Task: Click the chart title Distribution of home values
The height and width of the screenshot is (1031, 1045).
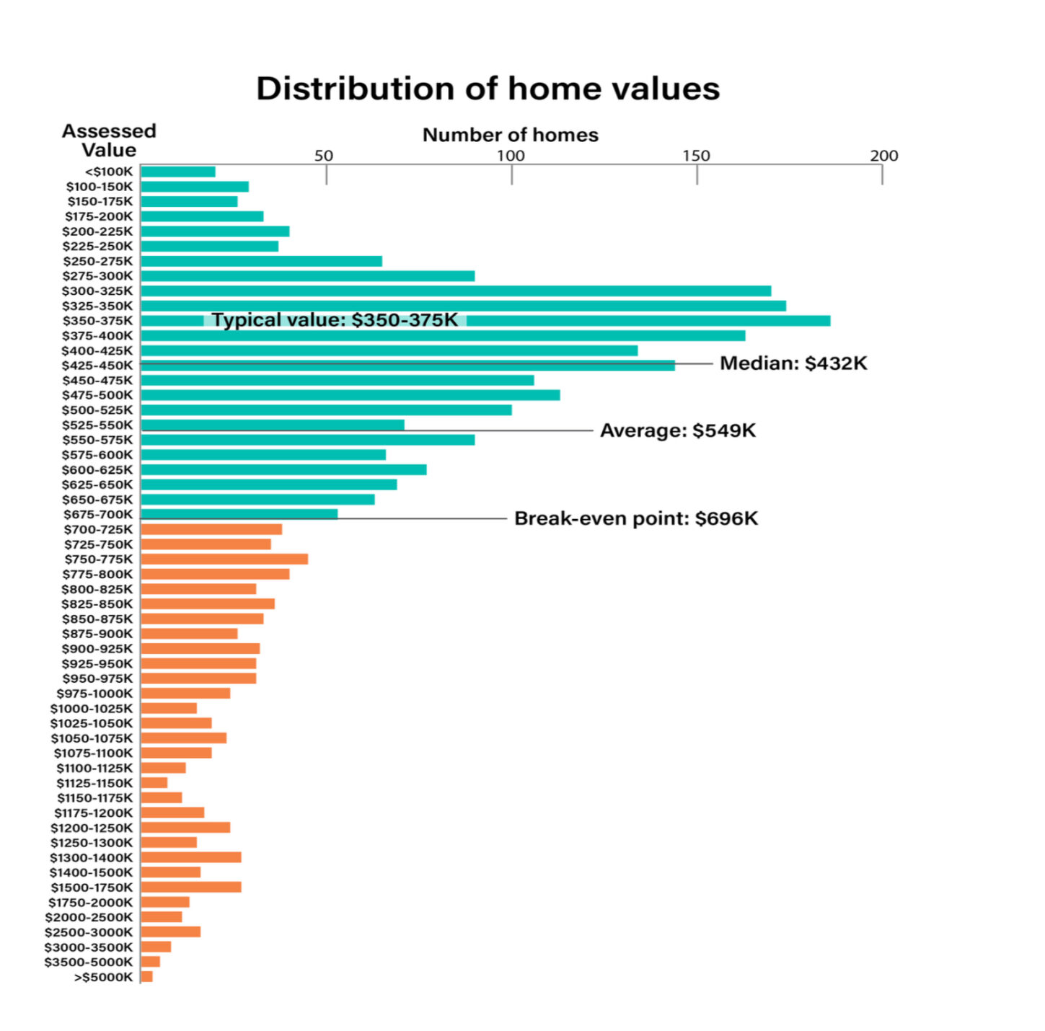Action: pyautogui.click(x=488, y=89)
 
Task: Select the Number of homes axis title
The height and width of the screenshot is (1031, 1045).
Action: pyautogui.click(x=510, y=135)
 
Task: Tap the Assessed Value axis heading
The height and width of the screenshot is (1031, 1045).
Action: pyautogui.click(x=108, y=141)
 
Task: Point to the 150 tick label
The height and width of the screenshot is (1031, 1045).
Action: pyautogui.click(x=696, y=156)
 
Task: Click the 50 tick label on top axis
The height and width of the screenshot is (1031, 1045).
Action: pyautogui.click(x=324, y=156)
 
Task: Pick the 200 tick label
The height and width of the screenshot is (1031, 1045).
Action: pyautogui.click(x=883, y=156)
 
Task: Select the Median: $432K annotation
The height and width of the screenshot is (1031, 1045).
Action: pyautogui.click(x=793, y=363)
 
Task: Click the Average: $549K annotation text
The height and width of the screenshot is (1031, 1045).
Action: pyautogui.click(x=678, y=430)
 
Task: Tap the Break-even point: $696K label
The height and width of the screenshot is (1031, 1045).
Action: pyautogui.click(x=636, y=518)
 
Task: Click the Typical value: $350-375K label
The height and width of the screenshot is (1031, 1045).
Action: pyautogui.click(x=335, y=320)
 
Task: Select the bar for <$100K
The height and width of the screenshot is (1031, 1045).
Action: pyautogui.click(x=178, y=172)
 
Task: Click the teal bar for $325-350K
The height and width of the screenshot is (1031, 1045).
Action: pyautogui.click(x=463, y=306)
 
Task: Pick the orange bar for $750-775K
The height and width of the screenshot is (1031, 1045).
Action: pyautogui.click(x=224, y=559)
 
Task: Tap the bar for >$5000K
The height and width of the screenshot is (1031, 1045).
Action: pyautogui.click(x=147, y=976)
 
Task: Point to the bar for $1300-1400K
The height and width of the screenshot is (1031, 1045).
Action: pyautogui.click(x=191, y=857)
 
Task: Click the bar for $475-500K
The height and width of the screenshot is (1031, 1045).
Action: pyautogui.click(x=350, y=395)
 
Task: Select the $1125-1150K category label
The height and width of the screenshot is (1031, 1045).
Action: pyautogui.click(x=94, y=783)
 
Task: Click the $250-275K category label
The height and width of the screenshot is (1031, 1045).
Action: pyautogui.click(x=97, y=261)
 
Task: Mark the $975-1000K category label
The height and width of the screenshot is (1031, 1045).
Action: pyautogui.click(x=94, y=694)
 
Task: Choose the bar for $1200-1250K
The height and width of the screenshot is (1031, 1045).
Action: pyautogui.click(x=185, y=828)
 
